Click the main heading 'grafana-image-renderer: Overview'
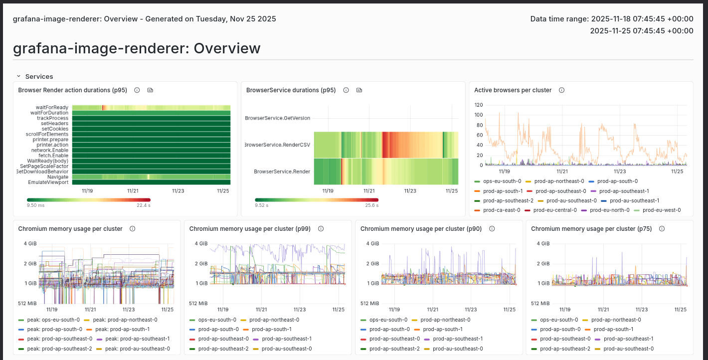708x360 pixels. click(137, 48)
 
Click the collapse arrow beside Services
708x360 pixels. click(18, 76)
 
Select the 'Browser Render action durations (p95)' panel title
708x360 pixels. click(72, 90)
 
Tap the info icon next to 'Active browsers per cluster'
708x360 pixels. click(561, 90)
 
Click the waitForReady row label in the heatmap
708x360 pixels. click(52, 107)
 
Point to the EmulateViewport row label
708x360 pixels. click(48, 182)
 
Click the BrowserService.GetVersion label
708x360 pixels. click(278, 118)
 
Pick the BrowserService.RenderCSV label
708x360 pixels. click(278, 145)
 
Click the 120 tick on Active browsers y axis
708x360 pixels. click(478, 105)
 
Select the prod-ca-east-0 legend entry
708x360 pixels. click(501, 210)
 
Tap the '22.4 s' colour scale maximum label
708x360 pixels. click(144, 205)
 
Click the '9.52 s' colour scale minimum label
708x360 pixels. click(262, 205)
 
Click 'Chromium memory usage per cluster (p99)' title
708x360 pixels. click(250, 229)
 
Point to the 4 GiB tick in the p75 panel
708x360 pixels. click(542, 243)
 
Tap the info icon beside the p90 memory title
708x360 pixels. click(492, 229)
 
